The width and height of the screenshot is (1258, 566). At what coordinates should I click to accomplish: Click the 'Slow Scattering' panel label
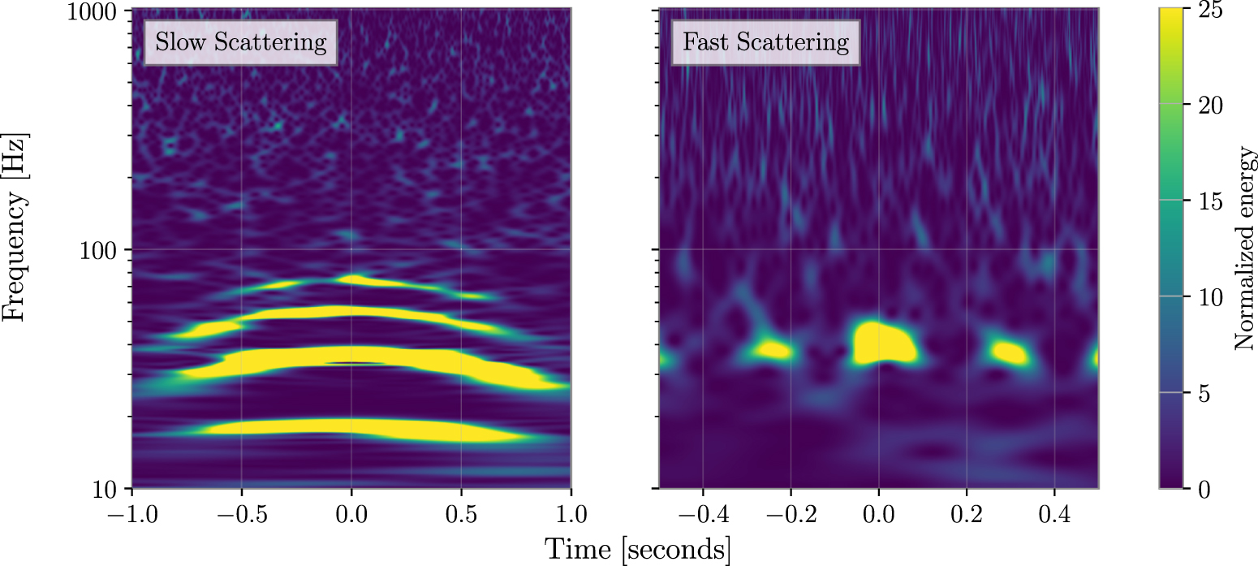pos(240,42)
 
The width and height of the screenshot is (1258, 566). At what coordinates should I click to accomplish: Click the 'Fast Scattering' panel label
pos(765,42)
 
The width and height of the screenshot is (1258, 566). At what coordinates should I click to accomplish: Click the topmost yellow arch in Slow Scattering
pos(357,282)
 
